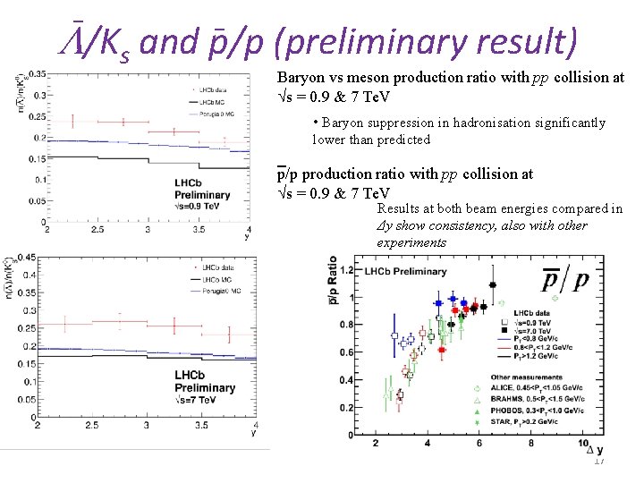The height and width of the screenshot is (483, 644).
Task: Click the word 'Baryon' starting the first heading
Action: [301, 78]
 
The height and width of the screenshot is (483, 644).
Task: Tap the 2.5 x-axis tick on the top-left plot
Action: [97, 229]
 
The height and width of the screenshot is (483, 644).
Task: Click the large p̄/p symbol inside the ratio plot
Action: [565, 281]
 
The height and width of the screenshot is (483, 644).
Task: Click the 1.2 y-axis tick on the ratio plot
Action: [344, 269]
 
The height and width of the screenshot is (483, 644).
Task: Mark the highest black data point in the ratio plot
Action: [492, 285]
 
